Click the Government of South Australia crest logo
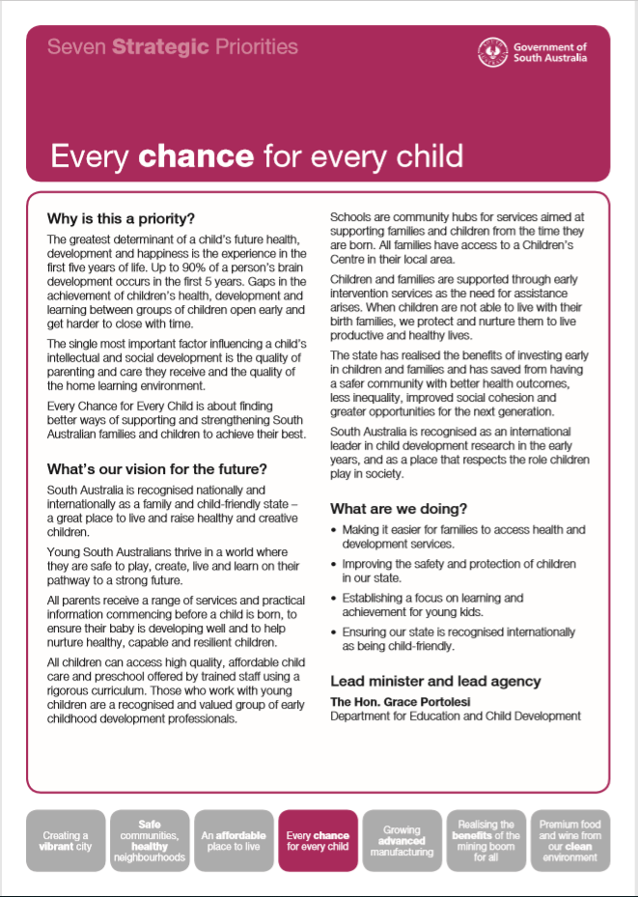coord(493,51)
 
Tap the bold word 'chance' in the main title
coord(196,155)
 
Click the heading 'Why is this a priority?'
coord(121,218)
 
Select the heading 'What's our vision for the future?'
coord(156,469)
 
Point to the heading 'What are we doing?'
coord(399,508)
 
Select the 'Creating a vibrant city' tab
coord(66,841)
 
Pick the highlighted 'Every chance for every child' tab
coord(318,841)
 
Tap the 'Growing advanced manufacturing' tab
coord(402,841)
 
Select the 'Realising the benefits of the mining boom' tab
coord(485,841)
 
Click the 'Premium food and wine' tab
coord(569,841)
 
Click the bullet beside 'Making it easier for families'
coord(334,531)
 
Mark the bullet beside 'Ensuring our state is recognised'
coord(334,631)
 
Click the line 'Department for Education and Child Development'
coord(456,716)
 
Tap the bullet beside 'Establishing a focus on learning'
coord(334,599)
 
